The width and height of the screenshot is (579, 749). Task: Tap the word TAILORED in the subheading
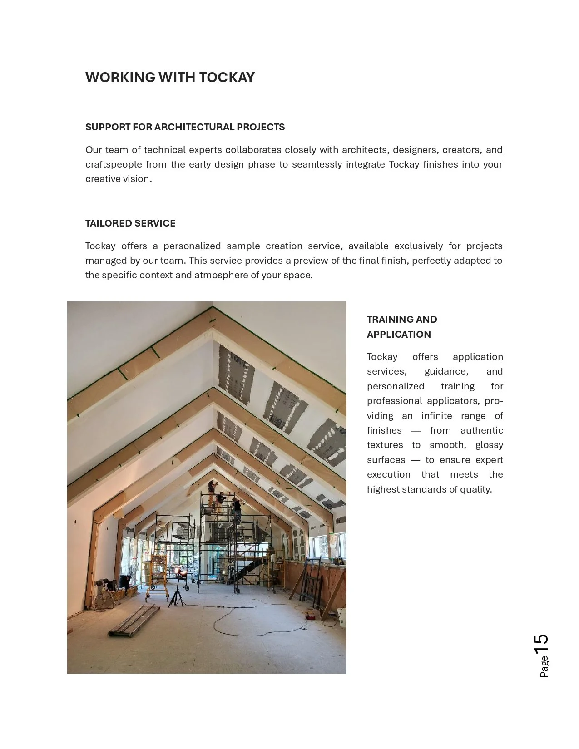click(107, 223)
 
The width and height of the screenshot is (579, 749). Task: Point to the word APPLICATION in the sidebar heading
click(399, 335)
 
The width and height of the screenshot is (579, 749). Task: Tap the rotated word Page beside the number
click(544, 667)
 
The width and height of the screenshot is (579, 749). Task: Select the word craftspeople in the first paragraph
click(113, 164)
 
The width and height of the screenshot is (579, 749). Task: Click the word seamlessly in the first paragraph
click(317, 164)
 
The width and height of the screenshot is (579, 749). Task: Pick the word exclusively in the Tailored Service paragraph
click(418, 246)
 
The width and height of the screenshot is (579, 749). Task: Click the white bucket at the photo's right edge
click(342, 618)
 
